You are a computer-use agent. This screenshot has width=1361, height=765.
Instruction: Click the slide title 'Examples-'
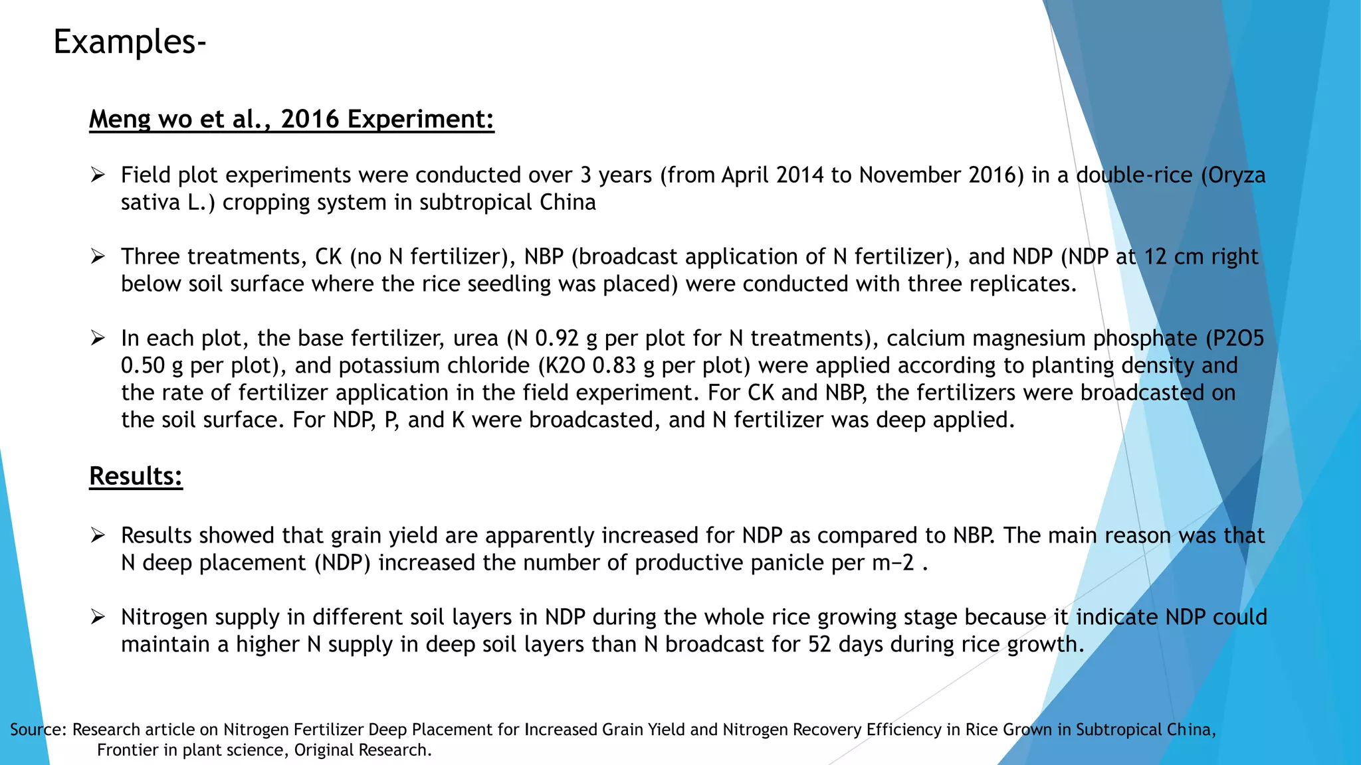click(130, 42)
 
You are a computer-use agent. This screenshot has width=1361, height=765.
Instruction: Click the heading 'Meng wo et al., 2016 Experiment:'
click(291, 120)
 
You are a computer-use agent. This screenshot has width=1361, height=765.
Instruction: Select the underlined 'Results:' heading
click(136, 476)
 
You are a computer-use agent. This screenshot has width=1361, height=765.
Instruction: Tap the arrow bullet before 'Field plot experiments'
click(98, 175)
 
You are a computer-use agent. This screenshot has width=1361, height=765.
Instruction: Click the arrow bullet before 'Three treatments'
click(98, 257)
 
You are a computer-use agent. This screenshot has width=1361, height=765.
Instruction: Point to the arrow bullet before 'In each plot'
click(98, 339)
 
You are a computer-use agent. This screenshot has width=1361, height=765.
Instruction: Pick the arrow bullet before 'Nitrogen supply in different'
click(98, 618)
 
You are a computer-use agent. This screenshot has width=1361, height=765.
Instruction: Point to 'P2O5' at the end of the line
click(1238, 339)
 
